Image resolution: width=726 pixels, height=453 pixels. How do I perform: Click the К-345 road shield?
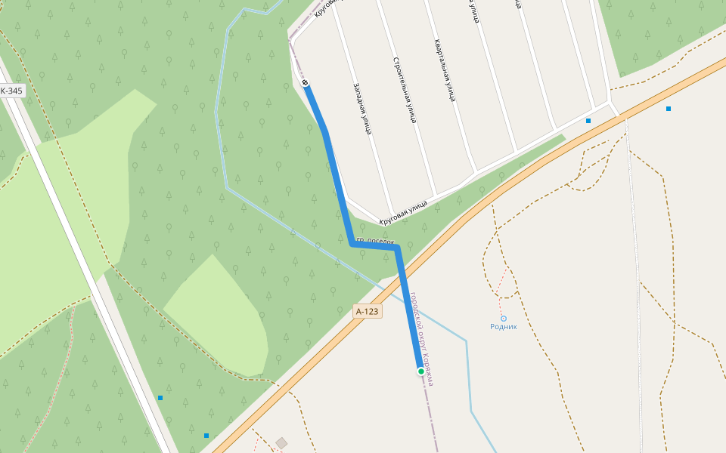pyautogui.click(x=11, y=91)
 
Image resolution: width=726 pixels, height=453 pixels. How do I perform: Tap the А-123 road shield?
pyautogui.click(x=367, y=311)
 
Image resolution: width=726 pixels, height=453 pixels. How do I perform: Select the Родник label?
pyautogui.click(x=504, y=327)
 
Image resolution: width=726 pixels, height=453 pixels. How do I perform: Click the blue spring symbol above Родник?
pyautogui.click(x=504, y=319)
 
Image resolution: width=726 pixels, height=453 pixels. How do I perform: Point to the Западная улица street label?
pyautogui.click(x=361, y=109)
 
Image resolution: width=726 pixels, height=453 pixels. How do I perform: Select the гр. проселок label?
pyautogui.click(x=376, y=241)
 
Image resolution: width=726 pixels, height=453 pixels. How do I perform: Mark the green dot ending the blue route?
pyautogui.click(x=421, y=371)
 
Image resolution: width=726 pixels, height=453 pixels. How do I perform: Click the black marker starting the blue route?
pyautogui.click(x=306, y=82)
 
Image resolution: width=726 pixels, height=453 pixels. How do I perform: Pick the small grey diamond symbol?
pyautogui.click(x=282, y=442)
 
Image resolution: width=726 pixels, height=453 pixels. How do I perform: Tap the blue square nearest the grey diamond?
pyautogui.click(x=206, y=436)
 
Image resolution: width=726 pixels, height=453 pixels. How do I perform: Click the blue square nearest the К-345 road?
pyautogui.click(x=160, y=398)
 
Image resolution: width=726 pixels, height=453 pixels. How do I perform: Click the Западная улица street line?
pyautogui.click(x=371, y=151)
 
